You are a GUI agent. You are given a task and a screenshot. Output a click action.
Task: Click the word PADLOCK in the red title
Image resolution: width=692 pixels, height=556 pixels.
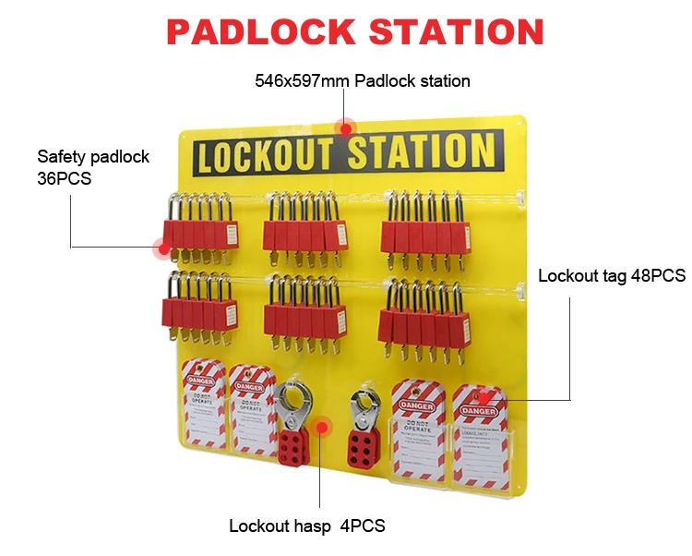tap(260, 32)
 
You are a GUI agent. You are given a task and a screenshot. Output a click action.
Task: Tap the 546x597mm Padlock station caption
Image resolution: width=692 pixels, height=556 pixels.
tap(363, 81)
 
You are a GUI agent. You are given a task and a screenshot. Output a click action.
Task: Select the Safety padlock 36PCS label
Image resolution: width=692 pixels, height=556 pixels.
tap(92, 167)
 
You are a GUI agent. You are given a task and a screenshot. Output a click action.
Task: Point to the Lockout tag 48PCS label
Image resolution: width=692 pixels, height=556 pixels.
tap(612, 275)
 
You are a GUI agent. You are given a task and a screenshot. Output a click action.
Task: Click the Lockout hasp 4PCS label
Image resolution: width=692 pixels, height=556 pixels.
tap(307, 526)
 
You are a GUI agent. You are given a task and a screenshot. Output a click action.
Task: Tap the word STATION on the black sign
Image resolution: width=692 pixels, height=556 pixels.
tap(420, 152)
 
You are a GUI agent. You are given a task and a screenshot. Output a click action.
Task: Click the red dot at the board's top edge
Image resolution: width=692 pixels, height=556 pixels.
tap(347, 127)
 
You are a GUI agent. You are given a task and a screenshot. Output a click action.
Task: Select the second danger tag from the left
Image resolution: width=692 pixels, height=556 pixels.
tap(253, 411)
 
